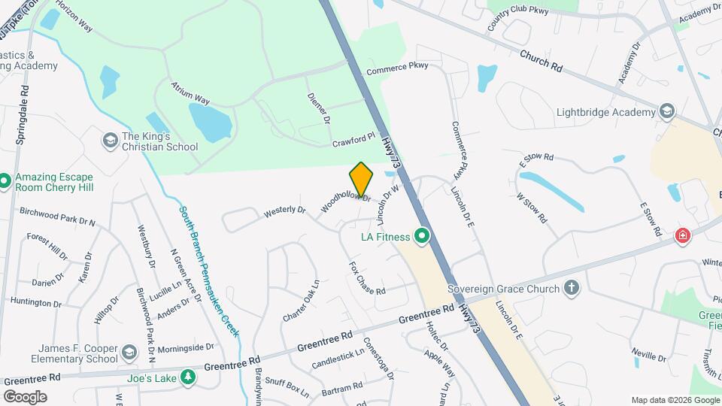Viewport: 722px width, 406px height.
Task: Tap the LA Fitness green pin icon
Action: coord(422,237)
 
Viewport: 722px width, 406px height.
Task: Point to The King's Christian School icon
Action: coord(110,141)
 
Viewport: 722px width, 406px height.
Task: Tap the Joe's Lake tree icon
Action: coord(187,378)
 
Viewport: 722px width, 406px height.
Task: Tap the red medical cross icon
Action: coord(683,235)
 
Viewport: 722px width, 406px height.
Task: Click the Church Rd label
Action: coord(541,61)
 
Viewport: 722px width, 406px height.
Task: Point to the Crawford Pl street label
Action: coord(353,141)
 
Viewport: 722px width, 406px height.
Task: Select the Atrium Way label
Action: coord(190,92)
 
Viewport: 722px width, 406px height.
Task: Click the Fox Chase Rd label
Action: coord(367,278)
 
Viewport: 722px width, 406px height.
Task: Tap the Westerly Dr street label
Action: coord(285,213)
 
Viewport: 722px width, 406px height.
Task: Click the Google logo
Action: coord(25,396)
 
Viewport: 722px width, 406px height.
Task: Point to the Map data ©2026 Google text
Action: coord(674,400)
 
